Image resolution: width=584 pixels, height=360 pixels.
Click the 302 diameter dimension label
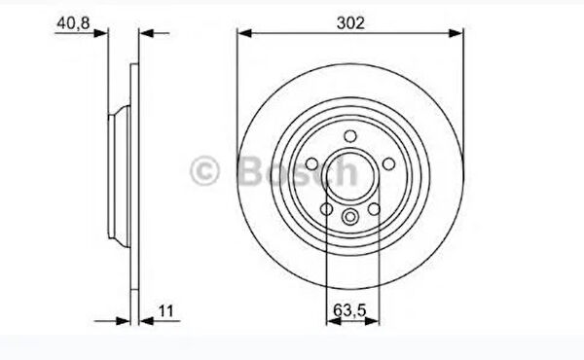point(350,23)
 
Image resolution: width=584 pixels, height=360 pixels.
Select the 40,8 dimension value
point(73,23)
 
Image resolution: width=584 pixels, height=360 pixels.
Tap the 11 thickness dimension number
point(165,310)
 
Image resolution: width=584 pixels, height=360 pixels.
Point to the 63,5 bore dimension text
point(349,309)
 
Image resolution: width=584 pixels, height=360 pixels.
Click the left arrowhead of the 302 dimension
point(244,33)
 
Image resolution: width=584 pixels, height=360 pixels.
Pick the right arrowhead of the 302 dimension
point(456,33)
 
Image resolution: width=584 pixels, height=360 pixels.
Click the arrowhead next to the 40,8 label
point(101,33)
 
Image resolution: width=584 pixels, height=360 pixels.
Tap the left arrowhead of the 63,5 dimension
point(333,320)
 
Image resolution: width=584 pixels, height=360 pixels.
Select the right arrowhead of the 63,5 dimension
point(372,320)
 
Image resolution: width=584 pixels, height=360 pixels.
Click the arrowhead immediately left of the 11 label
point(146,320)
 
